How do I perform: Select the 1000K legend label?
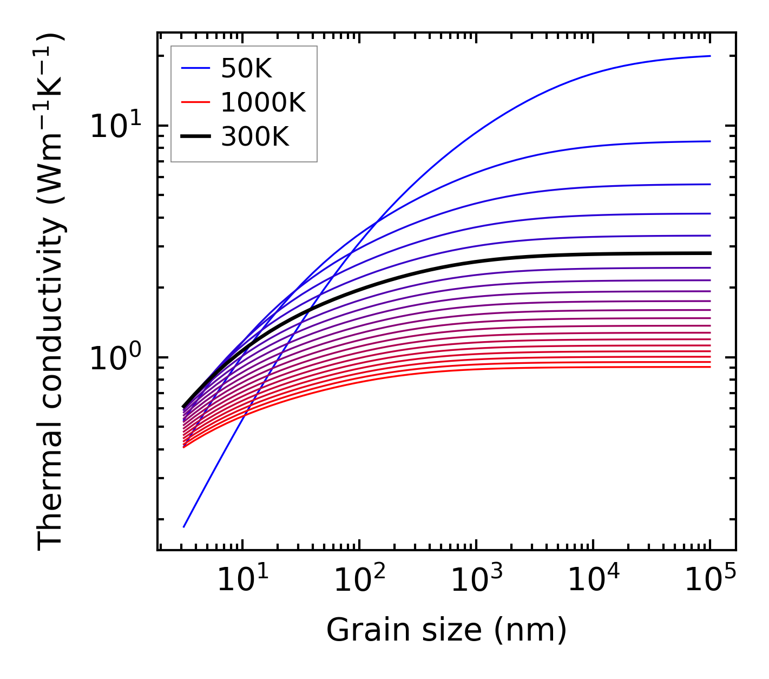click(263, 102)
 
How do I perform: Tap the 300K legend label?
click(255, 137)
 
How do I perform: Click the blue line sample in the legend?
click(195, 68)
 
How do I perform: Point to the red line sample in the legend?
click(195, 102)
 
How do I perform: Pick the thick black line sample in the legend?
click(195, 137)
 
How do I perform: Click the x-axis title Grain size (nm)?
click(446, 630)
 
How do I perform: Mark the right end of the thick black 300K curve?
click(710, 253)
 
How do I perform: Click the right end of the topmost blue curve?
click(710, 56)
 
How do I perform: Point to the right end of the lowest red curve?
click(710, 367)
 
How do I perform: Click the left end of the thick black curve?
click(184, 407)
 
